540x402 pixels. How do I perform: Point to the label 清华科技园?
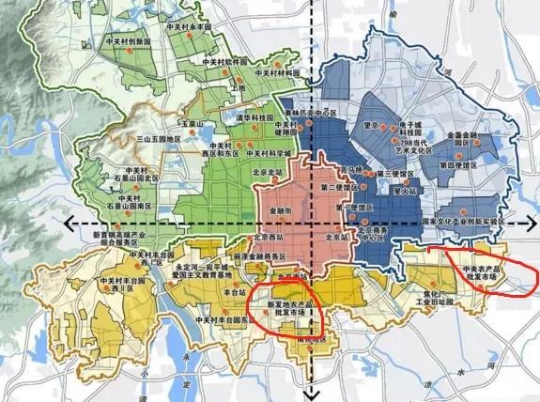[x=255, y=117]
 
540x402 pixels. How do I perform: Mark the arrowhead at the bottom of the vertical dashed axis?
[x=314, y=394]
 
